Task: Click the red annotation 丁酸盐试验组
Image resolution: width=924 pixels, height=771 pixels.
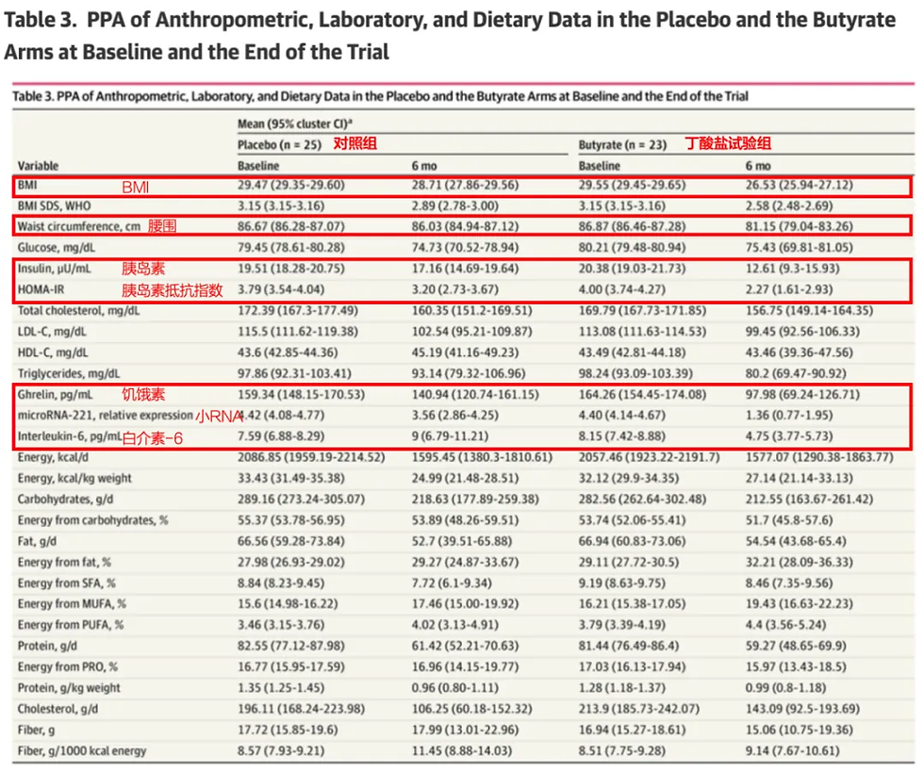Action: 727,145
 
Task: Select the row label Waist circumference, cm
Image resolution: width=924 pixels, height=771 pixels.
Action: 78,226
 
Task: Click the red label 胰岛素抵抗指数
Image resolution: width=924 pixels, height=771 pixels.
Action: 173,290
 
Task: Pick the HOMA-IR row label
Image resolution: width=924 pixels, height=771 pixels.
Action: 42,290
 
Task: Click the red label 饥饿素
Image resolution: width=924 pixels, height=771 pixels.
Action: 141,394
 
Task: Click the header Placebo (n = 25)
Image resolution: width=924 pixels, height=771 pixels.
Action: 279,145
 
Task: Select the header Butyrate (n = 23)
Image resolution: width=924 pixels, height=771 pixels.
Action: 623,145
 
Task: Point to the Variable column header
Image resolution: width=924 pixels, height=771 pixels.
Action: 38,165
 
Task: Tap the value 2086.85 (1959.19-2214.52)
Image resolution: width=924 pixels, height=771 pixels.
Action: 311,457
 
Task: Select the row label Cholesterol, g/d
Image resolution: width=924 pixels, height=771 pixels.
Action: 58,708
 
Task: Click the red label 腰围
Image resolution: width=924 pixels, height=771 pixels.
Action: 162,226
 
